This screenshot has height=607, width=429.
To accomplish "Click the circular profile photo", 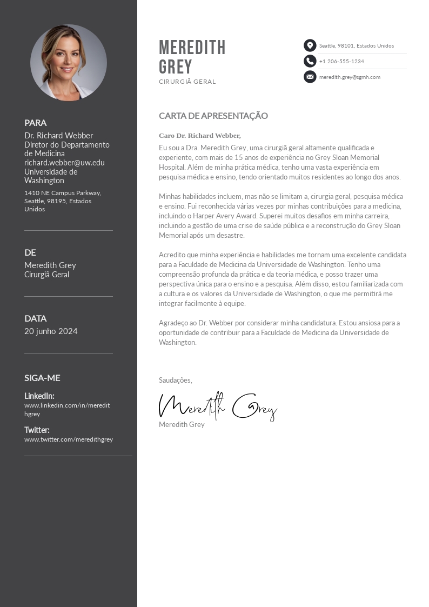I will point(69,63).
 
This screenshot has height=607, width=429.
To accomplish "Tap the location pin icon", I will point(310,45).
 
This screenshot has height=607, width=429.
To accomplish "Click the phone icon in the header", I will point(310,61).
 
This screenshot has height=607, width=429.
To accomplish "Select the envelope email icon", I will point(310,77).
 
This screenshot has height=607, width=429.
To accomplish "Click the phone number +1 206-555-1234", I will point(341,62).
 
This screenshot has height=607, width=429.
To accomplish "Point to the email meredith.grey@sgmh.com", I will point(350,77).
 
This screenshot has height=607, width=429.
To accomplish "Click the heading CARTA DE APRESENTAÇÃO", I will point(213,116).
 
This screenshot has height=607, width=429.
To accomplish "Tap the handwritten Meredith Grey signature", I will point(218,406).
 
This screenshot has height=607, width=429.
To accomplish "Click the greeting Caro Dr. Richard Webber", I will point(200,136).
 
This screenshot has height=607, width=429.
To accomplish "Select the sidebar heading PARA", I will point(36,123).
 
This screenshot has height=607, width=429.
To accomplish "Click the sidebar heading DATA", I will point(36,318).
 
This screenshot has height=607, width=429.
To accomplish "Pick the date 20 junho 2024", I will point(51,331).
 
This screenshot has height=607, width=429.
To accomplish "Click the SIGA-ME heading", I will point(42,378).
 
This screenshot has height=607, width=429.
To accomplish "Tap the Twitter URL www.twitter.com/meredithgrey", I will point(69,439).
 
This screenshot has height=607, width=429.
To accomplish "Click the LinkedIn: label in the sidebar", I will point(39,396).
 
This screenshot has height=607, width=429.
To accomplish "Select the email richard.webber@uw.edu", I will point(64,163).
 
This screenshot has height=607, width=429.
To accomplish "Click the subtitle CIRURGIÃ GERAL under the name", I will point(187,82).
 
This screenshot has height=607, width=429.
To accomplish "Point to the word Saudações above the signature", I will point(175,381).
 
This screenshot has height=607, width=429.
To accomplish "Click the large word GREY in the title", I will point(176,67).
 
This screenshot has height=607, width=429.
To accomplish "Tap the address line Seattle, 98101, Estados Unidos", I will point(357,46).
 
